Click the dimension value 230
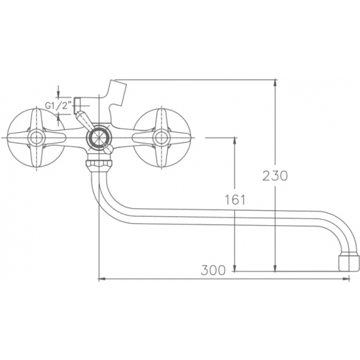click(x=274, y=175)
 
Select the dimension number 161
click(x=235, y=201)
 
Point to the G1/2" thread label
click(x=58, y=106)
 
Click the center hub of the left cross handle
click(x=36, y=138)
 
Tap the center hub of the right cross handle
click(x=160, y=138)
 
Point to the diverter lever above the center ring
click(x=82, y=120)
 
